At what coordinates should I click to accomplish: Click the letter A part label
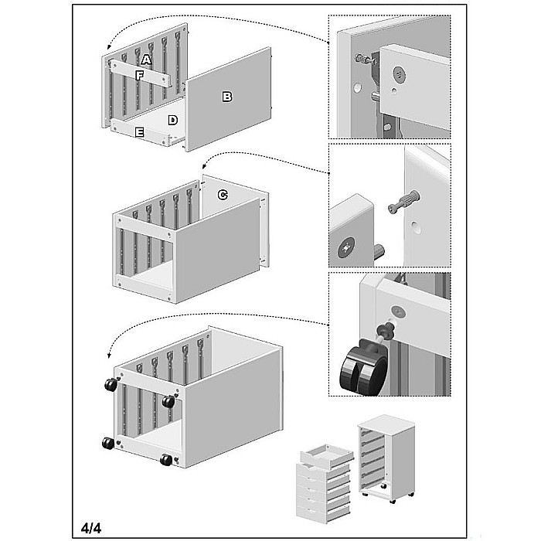coord(146,60)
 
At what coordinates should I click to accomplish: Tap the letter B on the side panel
coord(227,97)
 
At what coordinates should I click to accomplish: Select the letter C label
coord(223,195)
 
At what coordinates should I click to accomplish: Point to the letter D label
coord(173,120)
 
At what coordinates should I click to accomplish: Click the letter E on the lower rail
coord(139,132)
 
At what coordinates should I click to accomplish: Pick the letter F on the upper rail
coord(139,76)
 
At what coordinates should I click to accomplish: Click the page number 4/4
coord(91,528)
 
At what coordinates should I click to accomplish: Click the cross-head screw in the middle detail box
coord(346,247)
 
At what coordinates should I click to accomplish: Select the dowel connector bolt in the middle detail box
coord(403,202)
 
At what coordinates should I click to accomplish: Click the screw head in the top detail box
coord(399,75)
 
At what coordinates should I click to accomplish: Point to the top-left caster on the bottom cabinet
coord(111,384)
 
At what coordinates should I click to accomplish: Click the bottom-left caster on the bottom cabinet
coord(108,443)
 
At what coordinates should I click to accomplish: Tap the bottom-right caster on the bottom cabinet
coord(167,460)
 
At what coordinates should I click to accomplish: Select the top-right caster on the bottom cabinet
coord(168,401)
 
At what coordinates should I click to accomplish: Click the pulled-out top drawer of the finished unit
coord(327,455)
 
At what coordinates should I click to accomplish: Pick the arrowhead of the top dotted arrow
coord(110,47)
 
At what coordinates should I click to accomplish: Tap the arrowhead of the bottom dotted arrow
coord(110,356)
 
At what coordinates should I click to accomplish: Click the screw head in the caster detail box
coord(398,312)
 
